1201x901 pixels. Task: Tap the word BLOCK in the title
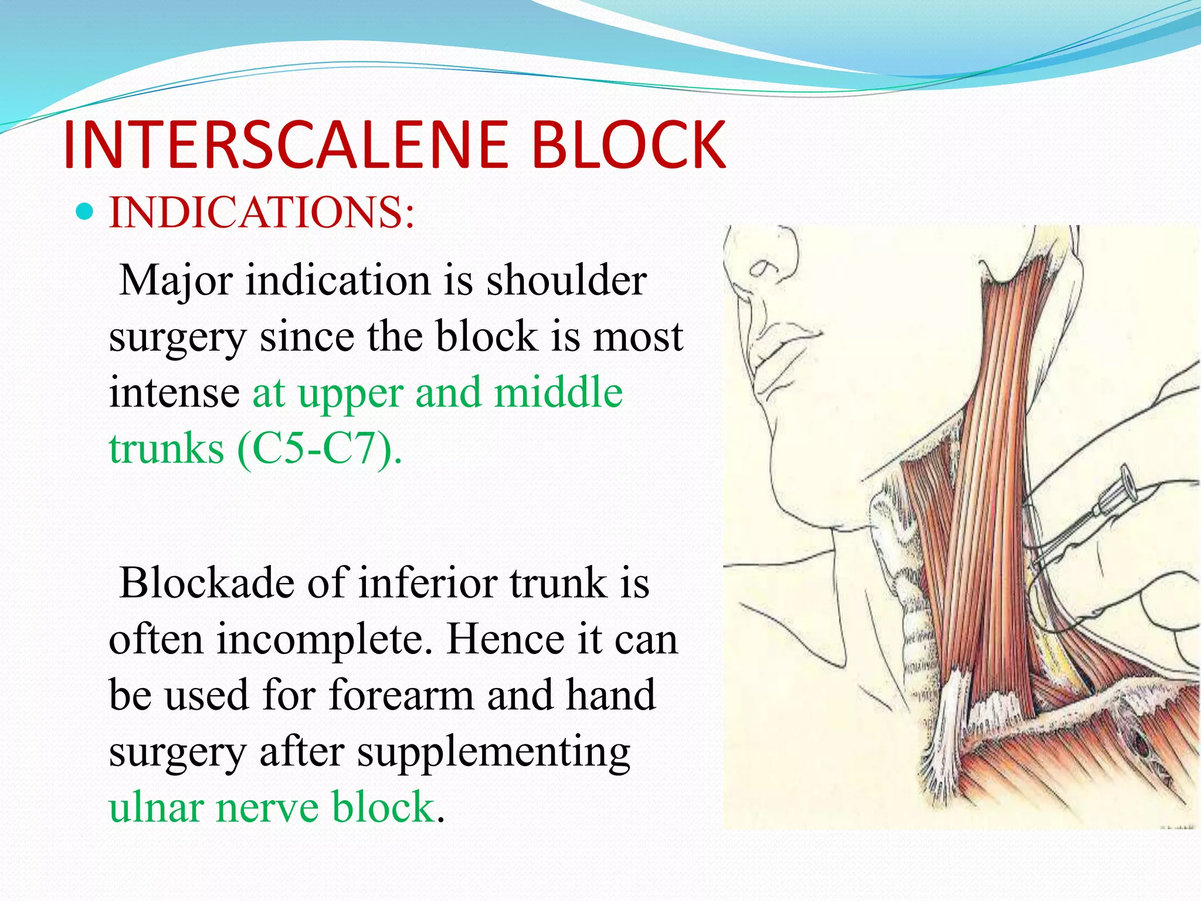point(629,145)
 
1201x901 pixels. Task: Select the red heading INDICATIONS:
point(262,212)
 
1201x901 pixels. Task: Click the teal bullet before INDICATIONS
point(85,211)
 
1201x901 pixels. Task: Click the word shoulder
point(566,280)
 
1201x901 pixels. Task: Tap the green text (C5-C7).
point(320,449)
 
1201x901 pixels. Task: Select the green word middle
point(558,393)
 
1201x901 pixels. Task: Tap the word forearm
point(401,695)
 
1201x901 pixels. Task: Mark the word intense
point(174,393)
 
